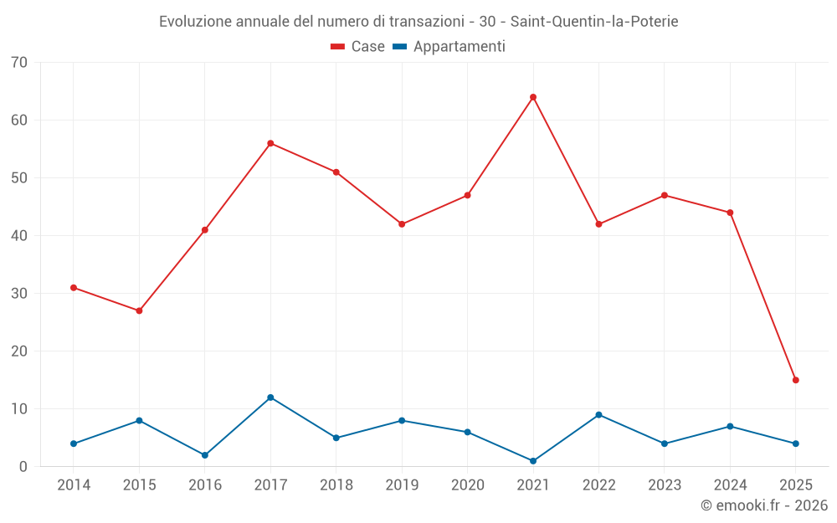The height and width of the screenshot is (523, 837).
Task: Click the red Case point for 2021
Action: [533, 97]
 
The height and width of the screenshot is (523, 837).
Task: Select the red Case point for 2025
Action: [795, 380]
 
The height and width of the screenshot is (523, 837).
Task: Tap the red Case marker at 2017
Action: [270, 143]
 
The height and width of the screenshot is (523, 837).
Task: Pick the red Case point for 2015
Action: [139, 310]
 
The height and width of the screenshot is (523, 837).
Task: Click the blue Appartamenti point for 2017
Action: [270, 397]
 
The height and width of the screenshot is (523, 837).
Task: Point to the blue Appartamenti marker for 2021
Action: [533, 461]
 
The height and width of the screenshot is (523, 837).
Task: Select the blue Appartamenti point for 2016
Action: [205, 455]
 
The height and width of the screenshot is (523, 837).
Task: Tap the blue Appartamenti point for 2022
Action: [598, 415]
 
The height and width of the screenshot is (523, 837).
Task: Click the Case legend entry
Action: [358, 47]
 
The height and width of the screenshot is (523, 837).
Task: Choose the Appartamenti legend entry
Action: [449, 47]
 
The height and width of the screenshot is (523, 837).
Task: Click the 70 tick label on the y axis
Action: [19, 63]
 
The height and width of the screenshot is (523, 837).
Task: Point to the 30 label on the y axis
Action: [19, 294]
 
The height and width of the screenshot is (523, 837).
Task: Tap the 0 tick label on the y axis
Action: [23, 467]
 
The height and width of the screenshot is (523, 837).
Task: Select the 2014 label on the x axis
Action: [74, 485]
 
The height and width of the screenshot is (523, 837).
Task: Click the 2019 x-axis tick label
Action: [402, 485]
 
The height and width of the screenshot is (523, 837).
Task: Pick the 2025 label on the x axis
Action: [795, 485]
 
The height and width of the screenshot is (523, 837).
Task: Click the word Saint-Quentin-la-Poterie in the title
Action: [594, 21]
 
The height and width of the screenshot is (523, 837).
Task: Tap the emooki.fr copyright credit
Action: [763, 505]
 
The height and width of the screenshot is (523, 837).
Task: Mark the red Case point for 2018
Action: [336, 172]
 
